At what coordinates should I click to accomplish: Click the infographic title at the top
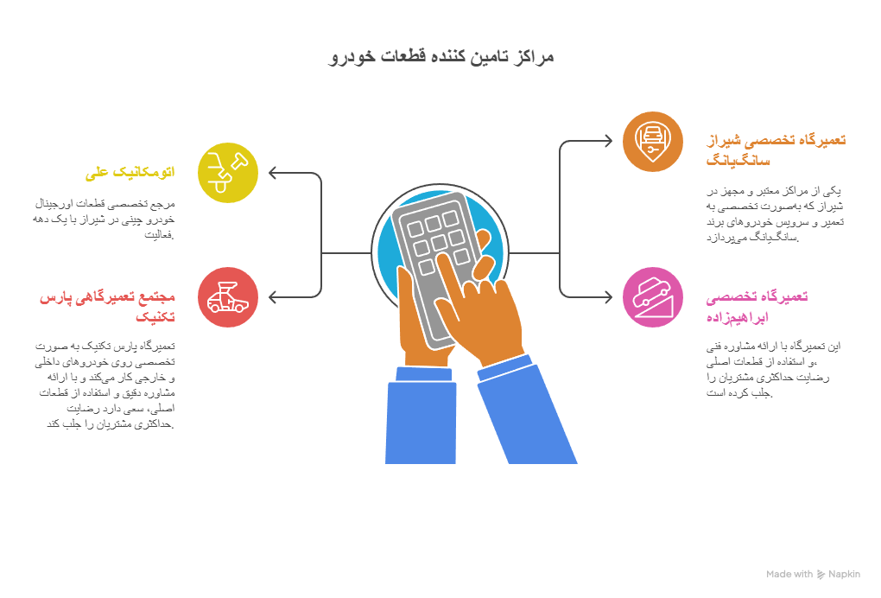pos(441,57)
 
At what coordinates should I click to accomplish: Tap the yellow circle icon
pos(228,172)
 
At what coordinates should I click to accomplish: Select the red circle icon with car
pos(228,297)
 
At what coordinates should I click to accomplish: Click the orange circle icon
pos(652,141)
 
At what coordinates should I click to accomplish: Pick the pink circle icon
pos(652,297)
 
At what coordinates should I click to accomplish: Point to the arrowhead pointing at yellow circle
pos(273,173)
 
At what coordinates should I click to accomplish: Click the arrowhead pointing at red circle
pos(273,297)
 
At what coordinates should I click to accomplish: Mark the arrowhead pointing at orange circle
pos(607,141)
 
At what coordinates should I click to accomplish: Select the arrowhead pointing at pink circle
pos(607,297)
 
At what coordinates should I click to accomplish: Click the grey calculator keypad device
pos(428,259)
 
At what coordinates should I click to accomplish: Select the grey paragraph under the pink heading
pos(773,370)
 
